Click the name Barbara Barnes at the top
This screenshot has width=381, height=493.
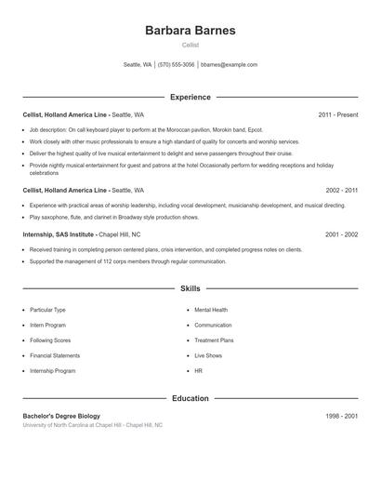coord(190,30)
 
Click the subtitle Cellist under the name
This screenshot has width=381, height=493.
coord(190,45)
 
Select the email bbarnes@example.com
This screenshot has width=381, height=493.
coord(229,65)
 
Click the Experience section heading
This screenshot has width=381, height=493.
coord(190,97)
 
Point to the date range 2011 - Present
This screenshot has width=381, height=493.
coord(337,114)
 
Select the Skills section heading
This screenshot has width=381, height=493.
coord(190,289)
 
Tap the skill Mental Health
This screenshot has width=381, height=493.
coord(211,309)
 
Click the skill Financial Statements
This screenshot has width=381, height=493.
coord(55,355)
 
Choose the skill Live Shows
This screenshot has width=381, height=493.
coord(208,355)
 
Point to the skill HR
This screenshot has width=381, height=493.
coord(198,370)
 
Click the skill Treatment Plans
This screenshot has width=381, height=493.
coord(214,340)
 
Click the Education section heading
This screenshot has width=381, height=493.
coord(190,398)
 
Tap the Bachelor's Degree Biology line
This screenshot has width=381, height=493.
coord(61,416)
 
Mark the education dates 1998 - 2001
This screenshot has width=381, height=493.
coord(342,416)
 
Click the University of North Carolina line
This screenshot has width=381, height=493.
coord(92,425)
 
